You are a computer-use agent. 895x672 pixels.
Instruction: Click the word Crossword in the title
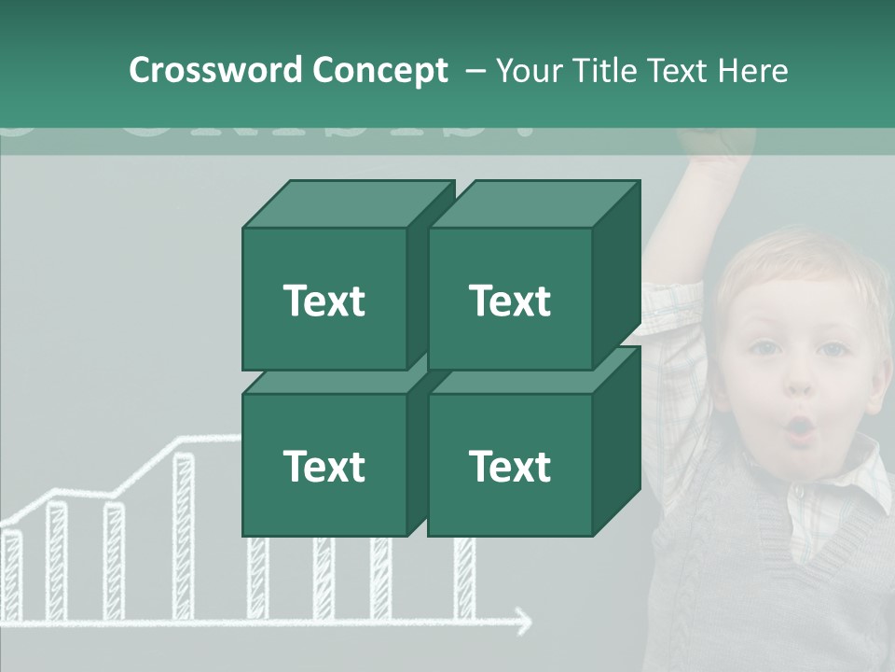[x=216, y=70]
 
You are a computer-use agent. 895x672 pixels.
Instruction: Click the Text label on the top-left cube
[x=324, y=301]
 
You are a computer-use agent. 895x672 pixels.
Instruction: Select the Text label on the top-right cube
[x=509, y=301]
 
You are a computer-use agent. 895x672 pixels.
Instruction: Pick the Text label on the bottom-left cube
[x=324, y=466]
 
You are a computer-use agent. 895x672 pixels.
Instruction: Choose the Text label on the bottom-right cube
[x=509, y=466]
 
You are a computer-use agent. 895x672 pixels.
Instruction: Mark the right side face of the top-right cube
[x=616, y=275]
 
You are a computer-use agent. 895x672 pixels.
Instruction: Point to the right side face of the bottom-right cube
[x=616, y=441]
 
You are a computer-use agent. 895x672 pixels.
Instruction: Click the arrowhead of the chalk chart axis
[x=524, y=620]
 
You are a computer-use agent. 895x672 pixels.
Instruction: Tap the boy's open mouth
[x=800, y=428]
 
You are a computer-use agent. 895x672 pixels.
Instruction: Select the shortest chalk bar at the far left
[x=11, y=574]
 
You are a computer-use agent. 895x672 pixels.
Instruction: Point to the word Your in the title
[x=530, y=70]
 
